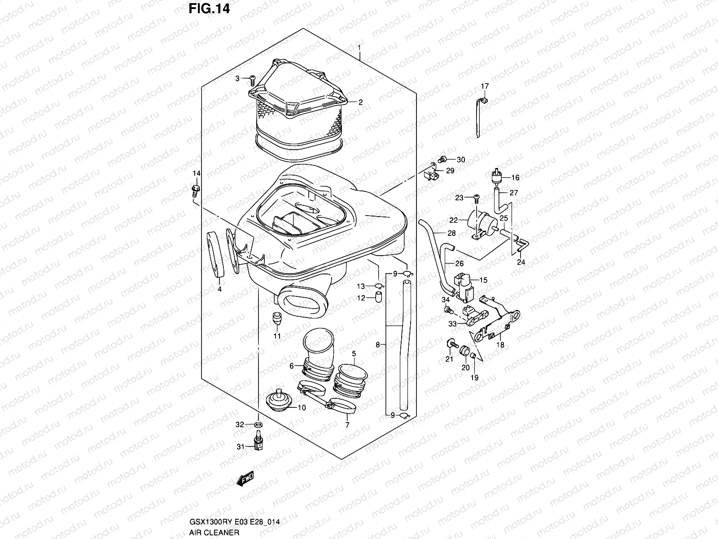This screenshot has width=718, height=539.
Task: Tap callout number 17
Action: [485, 86]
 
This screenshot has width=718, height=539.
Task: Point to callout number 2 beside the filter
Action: [360, 102]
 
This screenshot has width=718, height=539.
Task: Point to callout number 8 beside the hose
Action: [377, 345]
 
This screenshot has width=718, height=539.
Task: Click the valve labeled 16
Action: [497, 176]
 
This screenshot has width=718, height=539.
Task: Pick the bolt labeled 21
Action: [454, 345]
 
